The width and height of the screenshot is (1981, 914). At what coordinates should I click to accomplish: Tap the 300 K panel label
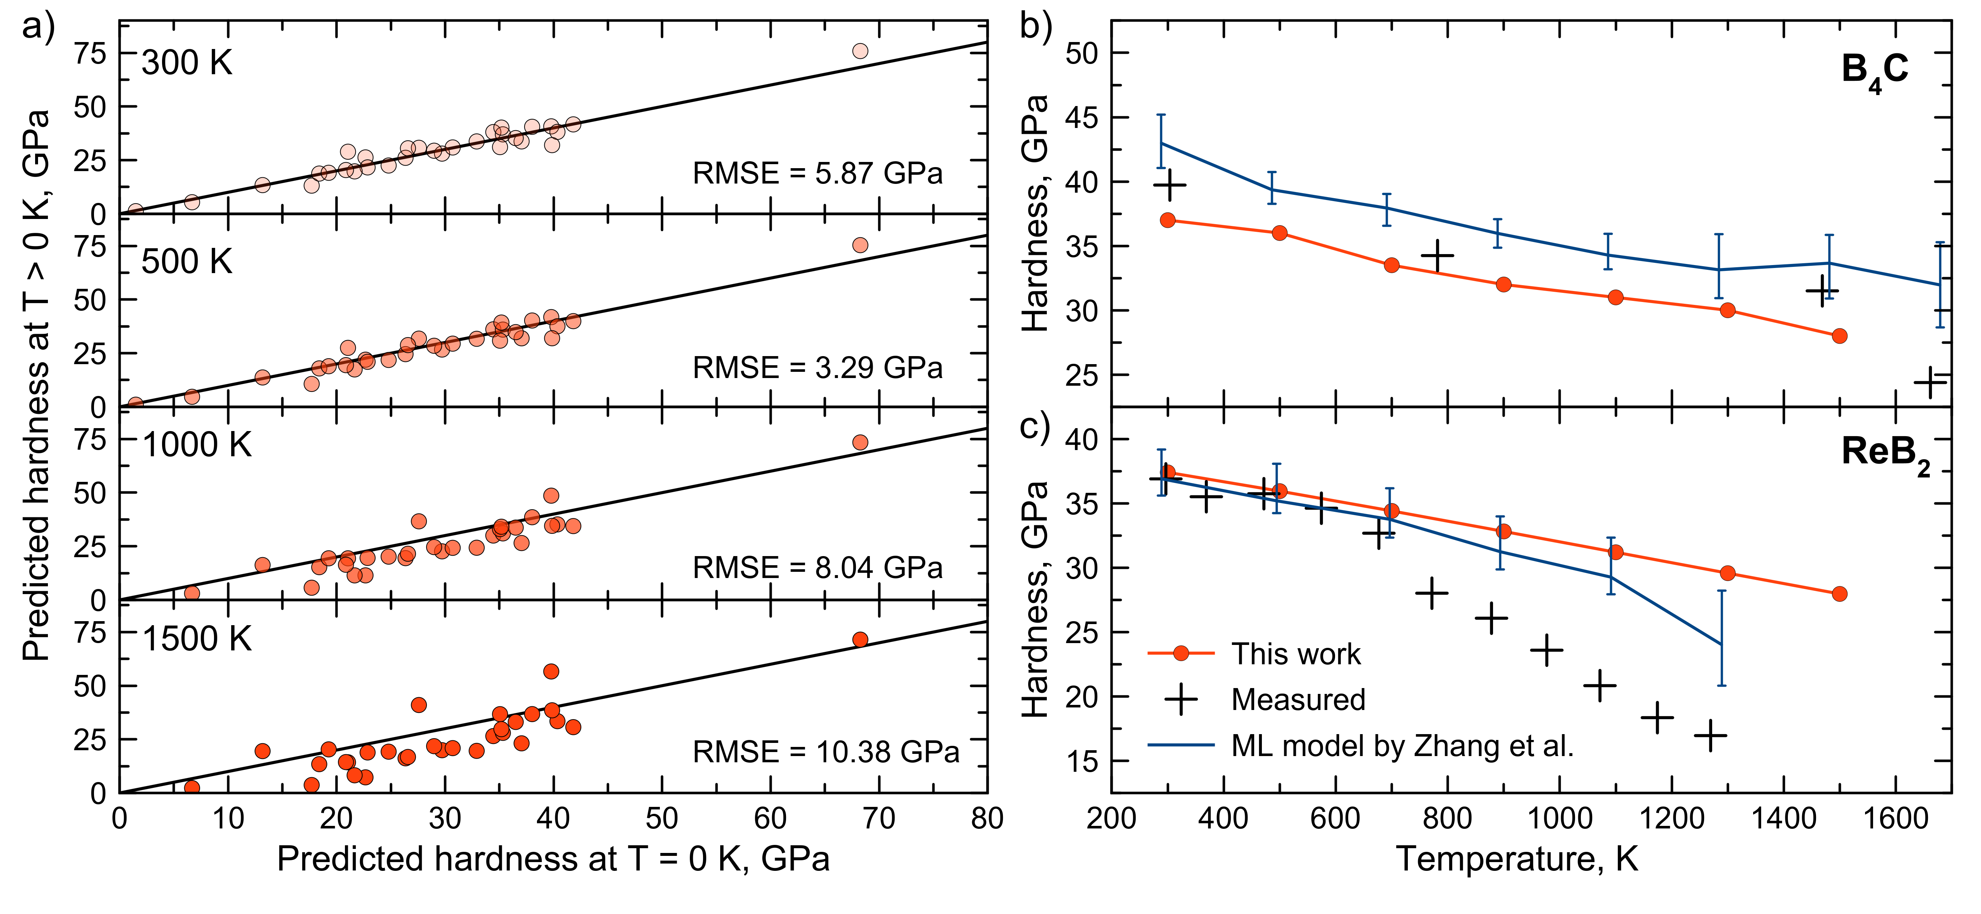(x=187, y=63)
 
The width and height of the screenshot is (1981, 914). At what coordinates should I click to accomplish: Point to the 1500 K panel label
(x=197, y=639)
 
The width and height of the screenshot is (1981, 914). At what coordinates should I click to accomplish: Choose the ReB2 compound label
(x=1885, y=454)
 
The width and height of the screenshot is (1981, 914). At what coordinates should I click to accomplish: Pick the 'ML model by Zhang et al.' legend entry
(x=1402, y=746)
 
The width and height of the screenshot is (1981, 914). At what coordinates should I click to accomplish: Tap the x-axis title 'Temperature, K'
(x=1516, y=859)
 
